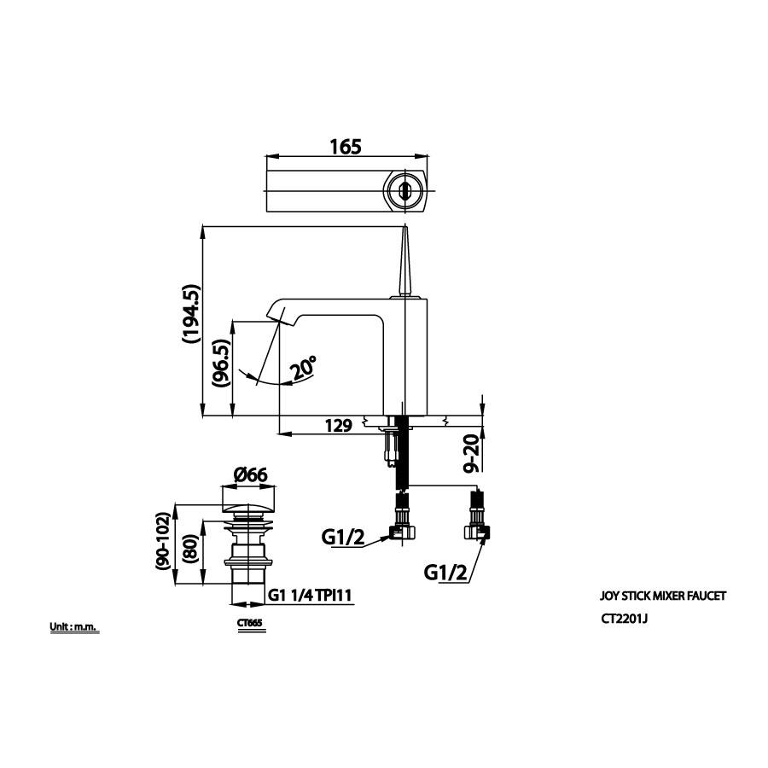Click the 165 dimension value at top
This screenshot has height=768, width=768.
pyautogui.click(x=345, y=146)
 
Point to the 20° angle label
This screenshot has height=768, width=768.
pyautogui.click(x=302, y=369)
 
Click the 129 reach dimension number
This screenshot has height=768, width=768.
pyautogui.click(x=339, y=426)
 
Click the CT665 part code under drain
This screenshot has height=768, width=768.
pyautogui.click(x=250, y=623)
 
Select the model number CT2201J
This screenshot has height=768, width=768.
pyautogui.click(x=625, y=621)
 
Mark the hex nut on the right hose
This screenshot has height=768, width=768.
pyautogui.click(x=478, y=533)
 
